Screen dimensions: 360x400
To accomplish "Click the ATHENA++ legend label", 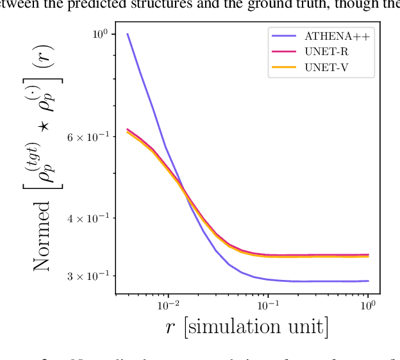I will coord(337,37).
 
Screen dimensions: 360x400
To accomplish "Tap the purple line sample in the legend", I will coord(285,37).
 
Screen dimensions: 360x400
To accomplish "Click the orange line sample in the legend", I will coord(285,66).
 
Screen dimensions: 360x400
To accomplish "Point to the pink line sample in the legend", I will coord(285,51).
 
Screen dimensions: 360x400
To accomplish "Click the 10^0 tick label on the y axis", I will coord(99,34).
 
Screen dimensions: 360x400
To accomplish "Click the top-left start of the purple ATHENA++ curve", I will coord(128,34).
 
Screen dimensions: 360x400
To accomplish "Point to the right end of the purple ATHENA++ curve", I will coord(368,281).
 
